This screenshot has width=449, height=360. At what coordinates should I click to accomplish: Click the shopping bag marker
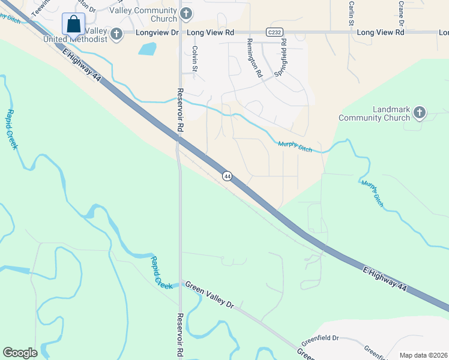pos(73,25)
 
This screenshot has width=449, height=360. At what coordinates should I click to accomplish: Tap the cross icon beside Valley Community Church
pos(186,13)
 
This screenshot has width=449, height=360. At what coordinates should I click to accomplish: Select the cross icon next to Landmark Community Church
pos(420,112)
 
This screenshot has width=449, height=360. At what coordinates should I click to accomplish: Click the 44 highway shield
pos(227,176)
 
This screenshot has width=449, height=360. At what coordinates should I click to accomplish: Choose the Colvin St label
pos(194,60)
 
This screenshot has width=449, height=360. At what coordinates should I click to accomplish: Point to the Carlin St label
pos(351,13)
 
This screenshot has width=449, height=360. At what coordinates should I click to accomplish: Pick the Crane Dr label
pos(400,13)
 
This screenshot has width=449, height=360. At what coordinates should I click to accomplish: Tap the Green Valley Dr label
pos(208,295)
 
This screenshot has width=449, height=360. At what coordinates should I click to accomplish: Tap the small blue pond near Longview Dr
pos(147,49)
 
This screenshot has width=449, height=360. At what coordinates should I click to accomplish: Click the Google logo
pos(20,352)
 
